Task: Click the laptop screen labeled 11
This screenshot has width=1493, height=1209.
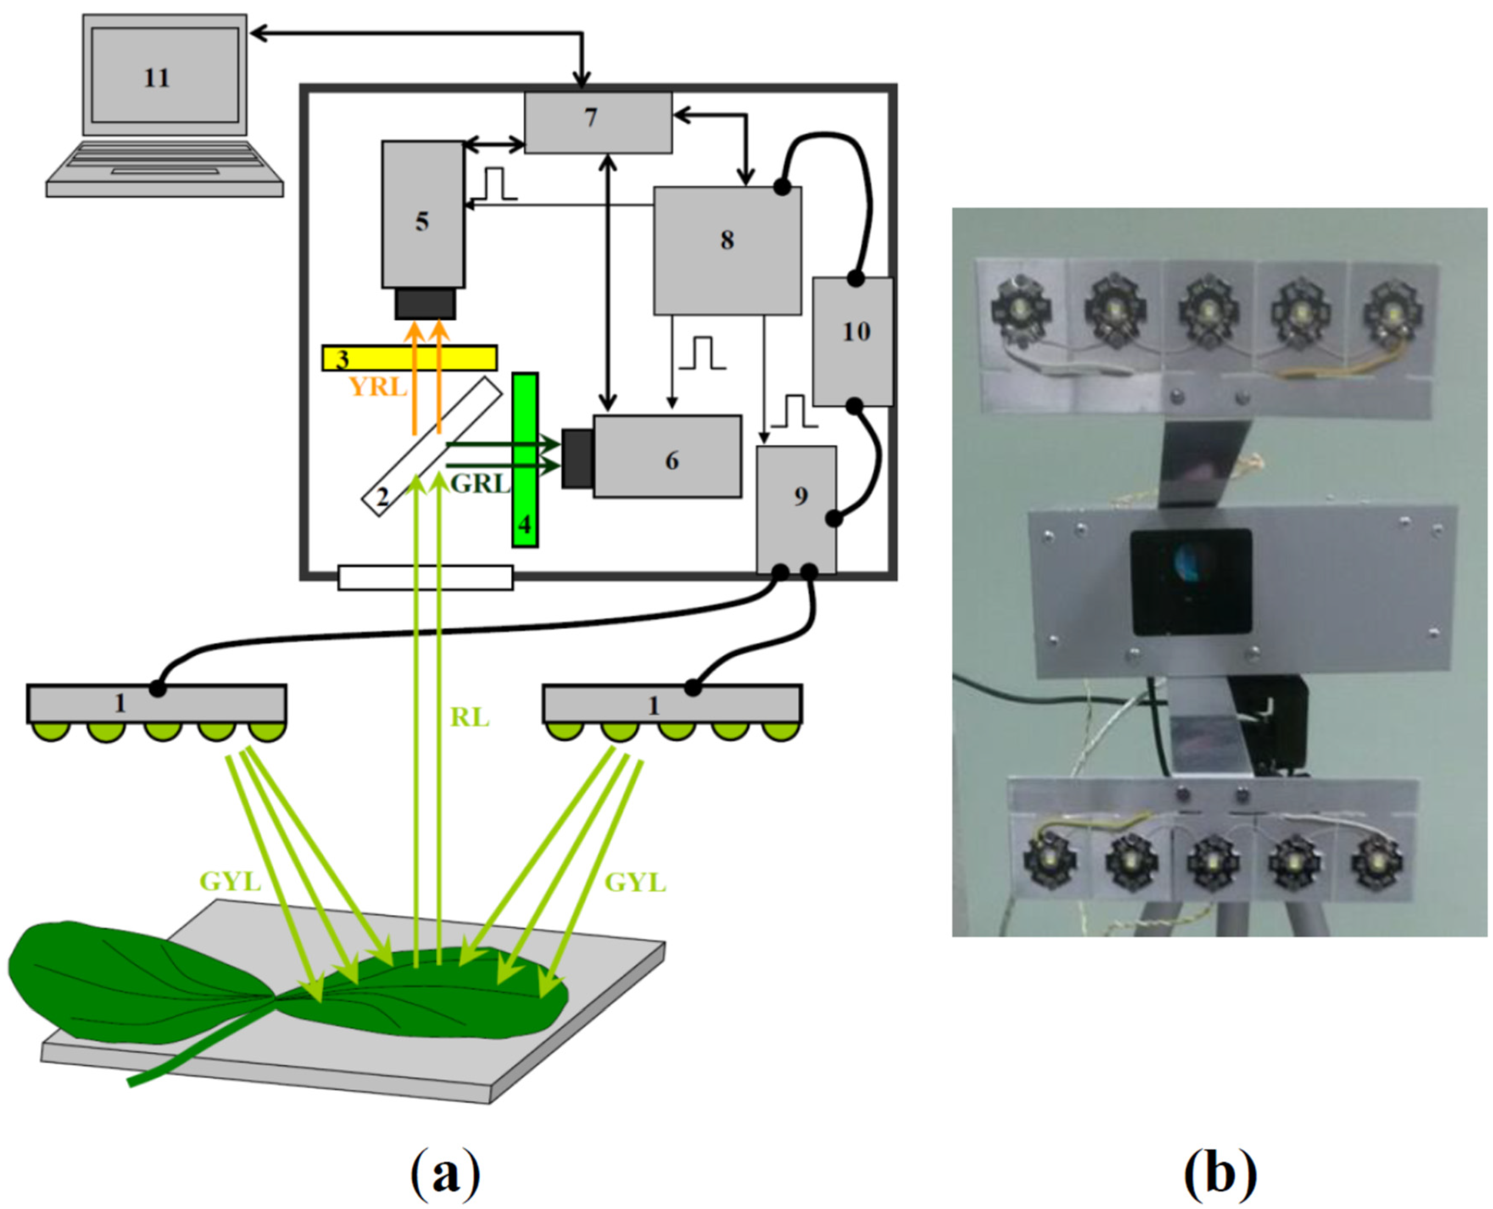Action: coord(164,75)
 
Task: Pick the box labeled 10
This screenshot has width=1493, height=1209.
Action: coord(852,341)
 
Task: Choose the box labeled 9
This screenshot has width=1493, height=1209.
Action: coord(796,508)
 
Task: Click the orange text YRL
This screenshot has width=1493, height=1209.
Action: coord(377,386)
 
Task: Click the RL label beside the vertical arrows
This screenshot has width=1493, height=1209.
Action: coord(469,717)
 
